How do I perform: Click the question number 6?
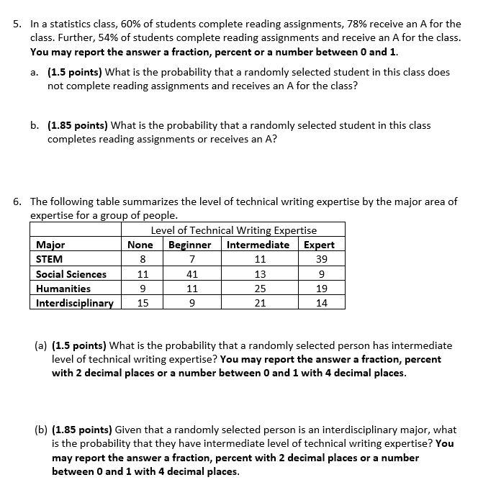pyautogui.click(x=18, y=201)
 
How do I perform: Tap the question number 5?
pyautogui.click(x=18, y=24)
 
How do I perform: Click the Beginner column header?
pyautogui.click(x=190, y=245)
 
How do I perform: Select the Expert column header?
pyautogui.click(x=320, y=245)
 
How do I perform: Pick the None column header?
pyautogui.click(x=140, y=245)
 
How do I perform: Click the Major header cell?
pyautogui.click(x=50, y=245)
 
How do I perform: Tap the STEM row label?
pyautogui.click(x=50, y=259)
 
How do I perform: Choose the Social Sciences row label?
pyautogui.click(x=71, y=274)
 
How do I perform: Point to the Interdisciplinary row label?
pyautogui.click(x=75, y=303)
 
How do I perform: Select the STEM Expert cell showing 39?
pyautogui.click(x=321, y=259)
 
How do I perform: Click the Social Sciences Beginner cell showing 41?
pyautogui.click(x=191, y=274)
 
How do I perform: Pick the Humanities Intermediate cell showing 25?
pyautogui.click(x=260, y=289)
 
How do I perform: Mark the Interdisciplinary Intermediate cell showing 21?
pyautogui.click(x=260, y=303)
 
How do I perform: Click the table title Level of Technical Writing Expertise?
pyautogui.click(x=234, y=230)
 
